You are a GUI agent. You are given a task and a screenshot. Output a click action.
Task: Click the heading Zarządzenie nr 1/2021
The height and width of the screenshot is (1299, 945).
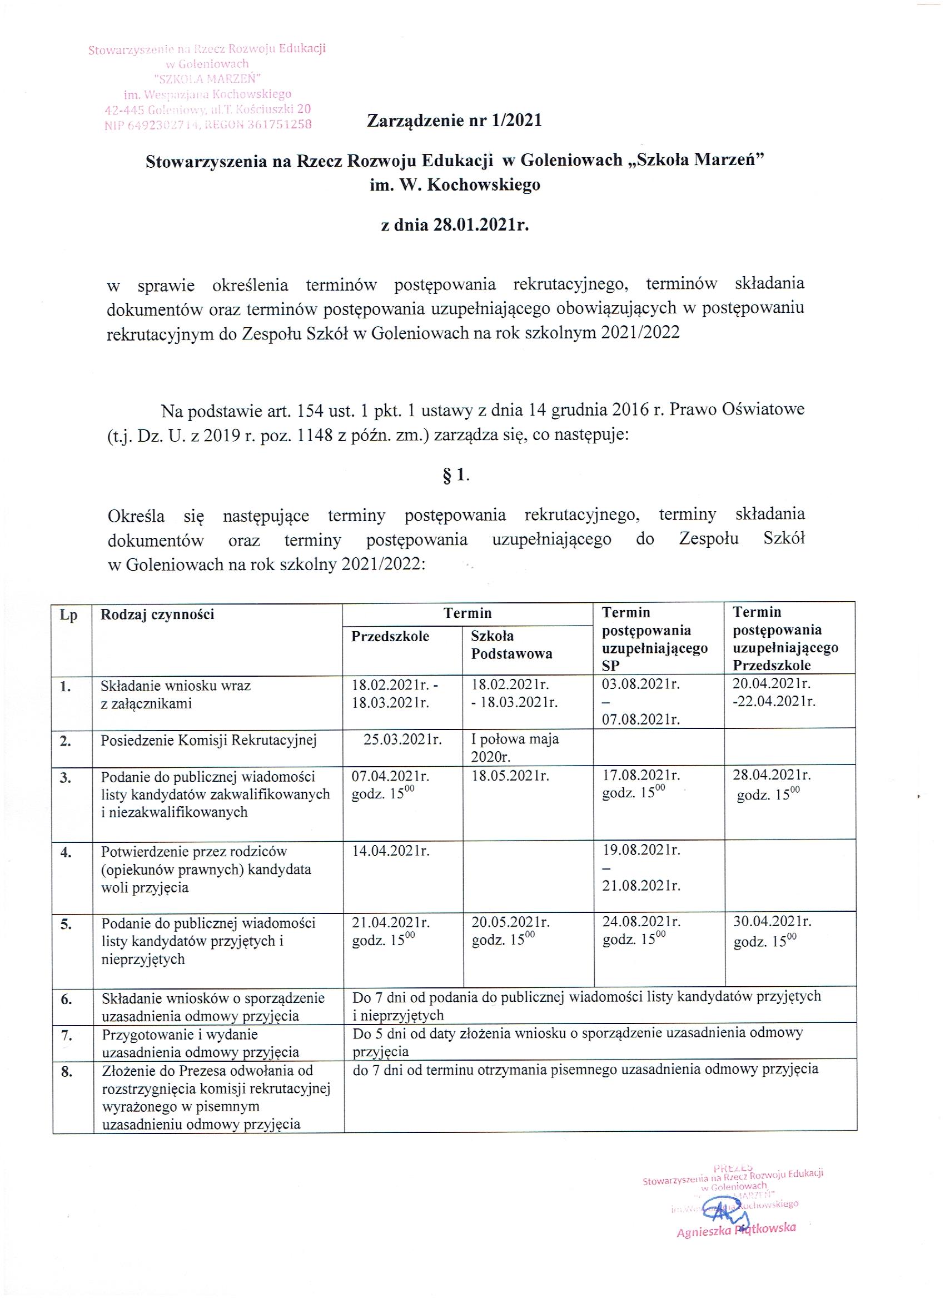[x=454, y=121]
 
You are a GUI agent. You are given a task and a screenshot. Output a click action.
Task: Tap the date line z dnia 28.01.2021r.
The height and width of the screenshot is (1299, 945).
[x=454, y=225]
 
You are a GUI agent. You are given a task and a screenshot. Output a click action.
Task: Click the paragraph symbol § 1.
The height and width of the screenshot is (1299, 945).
[x=456, y=476]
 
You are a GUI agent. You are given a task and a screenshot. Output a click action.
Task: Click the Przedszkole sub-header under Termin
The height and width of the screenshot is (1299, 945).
[x=390, y=636]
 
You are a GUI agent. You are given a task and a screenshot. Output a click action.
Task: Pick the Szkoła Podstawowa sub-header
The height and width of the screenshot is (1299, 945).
[x=511, y=645]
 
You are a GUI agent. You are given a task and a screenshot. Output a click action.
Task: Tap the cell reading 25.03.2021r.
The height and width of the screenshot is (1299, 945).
[x=402, y=739]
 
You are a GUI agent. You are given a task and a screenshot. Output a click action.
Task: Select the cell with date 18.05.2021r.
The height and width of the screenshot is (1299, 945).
[x=510, y=777]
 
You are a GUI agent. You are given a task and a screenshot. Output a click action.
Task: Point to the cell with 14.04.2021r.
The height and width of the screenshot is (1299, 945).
[x=390, y=851]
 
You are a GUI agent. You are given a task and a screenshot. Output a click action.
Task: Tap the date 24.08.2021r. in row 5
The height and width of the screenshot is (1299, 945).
[x=641, y=922]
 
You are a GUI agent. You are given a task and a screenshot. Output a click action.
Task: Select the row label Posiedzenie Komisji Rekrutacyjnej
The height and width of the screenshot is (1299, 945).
[x=208, y=740]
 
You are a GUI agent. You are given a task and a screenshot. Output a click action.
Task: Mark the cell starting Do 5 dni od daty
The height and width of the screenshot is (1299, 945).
[x=577, y=1042]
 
